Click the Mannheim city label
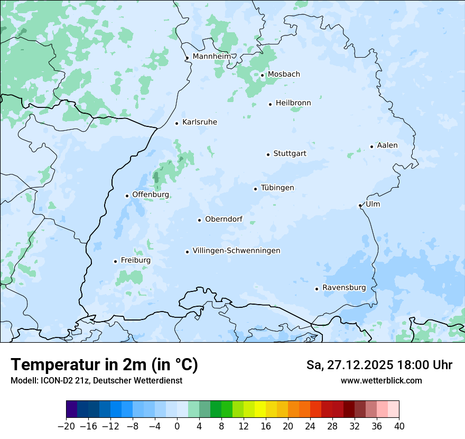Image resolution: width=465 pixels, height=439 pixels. pyautogui.click(x=211, y=57)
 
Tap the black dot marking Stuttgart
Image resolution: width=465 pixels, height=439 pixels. pyautogui.click(x=268, y=154)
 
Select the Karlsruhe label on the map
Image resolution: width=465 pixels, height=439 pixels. pyautogui.click(x=200, y=122)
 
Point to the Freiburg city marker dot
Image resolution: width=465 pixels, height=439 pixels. pyautogui.click(x=115, y=261)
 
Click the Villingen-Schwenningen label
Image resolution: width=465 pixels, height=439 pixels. pyautogui.click(x=236, y=251)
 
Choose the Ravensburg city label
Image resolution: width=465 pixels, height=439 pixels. pyautogui.click(x=344, y=288)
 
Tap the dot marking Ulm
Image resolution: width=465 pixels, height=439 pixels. pyautogui.click(x=360, y=205)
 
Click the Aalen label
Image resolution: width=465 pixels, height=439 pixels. pyautogui.click(x=387, y=145)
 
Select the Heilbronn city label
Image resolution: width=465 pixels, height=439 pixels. pyautogui.click(x=293, y=103)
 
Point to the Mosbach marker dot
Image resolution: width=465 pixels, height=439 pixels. pyautogui.click(x=262, y=75)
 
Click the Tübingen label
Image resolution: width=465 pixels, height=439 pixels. pyautogui.click(x=277, y=188)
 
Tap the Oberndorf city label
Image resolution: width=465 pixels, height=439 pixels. pyautogui.click(x=224, y=219)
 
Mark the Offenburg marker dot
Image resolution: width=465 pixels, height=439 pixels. pyautogui.click(x=127, y=196)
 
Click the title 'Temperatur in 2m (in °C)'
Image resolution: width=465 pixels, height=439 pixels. pyautogui.click(x=104, y=364)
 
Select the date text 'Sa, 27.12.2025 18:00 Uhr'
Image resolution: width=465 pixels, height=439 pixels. pyautogui.click(x=379, y=365)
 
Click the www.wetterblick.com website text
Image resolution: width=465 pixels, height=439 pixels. pyautogui.click(x=381, y=380)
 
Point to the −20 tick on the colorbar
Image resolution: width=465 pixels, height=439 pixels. pyautogui.click(x=66, y=426)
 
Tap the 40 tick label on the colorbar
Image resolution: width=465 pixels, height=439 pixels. pyautogui.click(x=399, y=426)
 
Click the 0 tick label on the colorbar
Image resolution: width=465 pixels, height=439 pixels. pyautogui.click(x=177, y=426)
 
